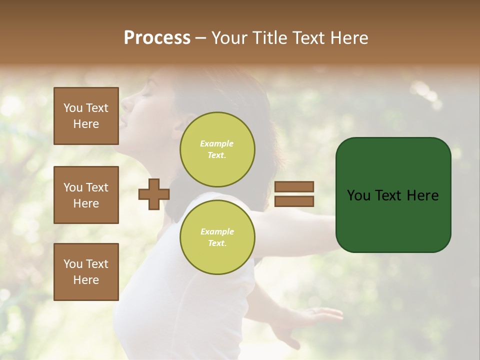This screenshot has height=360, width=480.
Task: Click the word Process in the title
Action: pyautogui.click(x=157, y=38)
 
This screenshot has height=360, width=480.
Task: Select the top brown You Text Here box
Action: pyautogui.click(x=86, y=116)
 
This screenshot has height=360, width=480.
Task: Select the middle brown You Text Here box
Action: pyautogui.click(x=86, y=195)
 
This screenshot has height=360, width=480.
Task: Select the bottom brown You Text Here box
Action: pyautogui.click(x=86, y=272)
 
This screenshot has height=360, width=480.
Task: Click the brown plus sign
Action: pyautogui.click(x=154, y=194)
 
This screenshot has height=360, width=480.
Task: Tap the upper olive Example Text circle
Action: pyautogui.click(x=217, y=149)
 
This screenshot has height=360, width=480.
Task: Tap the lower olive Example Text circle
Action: pyautogui.click(x=217, y=237)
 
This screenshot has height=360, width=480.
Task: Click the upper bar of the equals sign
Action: pyautogui.click(x=294, y=186)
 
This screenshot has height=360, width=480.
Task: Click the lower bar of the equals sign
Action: pyautogui.click(x=294, y=201)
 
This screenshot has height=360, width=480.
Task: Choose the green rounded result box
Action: pyautogui.click(x=393, y=194)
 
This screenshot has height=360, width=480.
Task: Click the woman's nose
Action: pyautogui.click(x=123, y=104)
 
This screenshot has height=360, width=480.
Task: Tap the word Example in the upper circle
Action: pyautogui.click(x=217, y=143)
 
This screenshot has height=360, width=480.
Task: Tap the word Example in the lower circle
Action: pyautogui.click(x=217, y=231)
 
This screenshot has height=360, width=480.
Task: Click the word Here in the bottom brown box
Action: pyautogui.click(x=86, y=280)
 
